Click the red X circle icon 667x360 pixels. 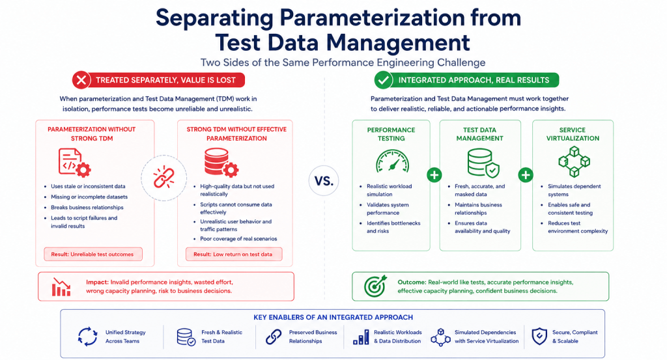(81, 80)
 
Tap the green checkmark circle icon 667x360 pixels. (383, 80)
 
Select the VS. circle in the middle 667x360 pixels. (324, 180)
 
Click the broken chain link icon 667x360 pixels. (163, 178)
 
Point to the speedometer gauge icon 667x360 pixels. (392, 161)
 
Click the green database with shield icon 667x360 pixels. (483, 162)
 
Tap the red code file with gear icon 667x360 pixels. (74, 162)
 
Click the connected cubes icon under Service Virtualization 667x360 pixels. (574, 161)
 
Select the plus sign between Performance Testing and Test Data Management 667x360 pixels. (434, 174)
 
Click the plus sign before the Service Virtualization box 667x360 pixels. (526, 174)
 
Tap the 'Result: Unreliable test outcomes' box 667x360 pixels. (93, 254)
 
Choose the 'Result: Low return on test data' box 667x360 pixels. (234, 254)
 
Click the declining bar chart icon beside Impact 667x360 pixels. (61, 287)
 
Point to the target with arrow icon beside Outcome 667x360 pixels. (376, 286)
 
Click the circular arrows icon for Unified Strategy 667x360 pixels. (88, 337)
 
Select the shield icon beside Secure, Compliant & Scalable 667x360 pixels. (539, 336)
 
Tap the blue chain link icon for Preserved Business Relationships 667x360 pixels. (274, 337)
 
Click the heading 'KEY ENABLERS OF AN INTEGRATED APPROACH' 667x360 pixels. (333, 317)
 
